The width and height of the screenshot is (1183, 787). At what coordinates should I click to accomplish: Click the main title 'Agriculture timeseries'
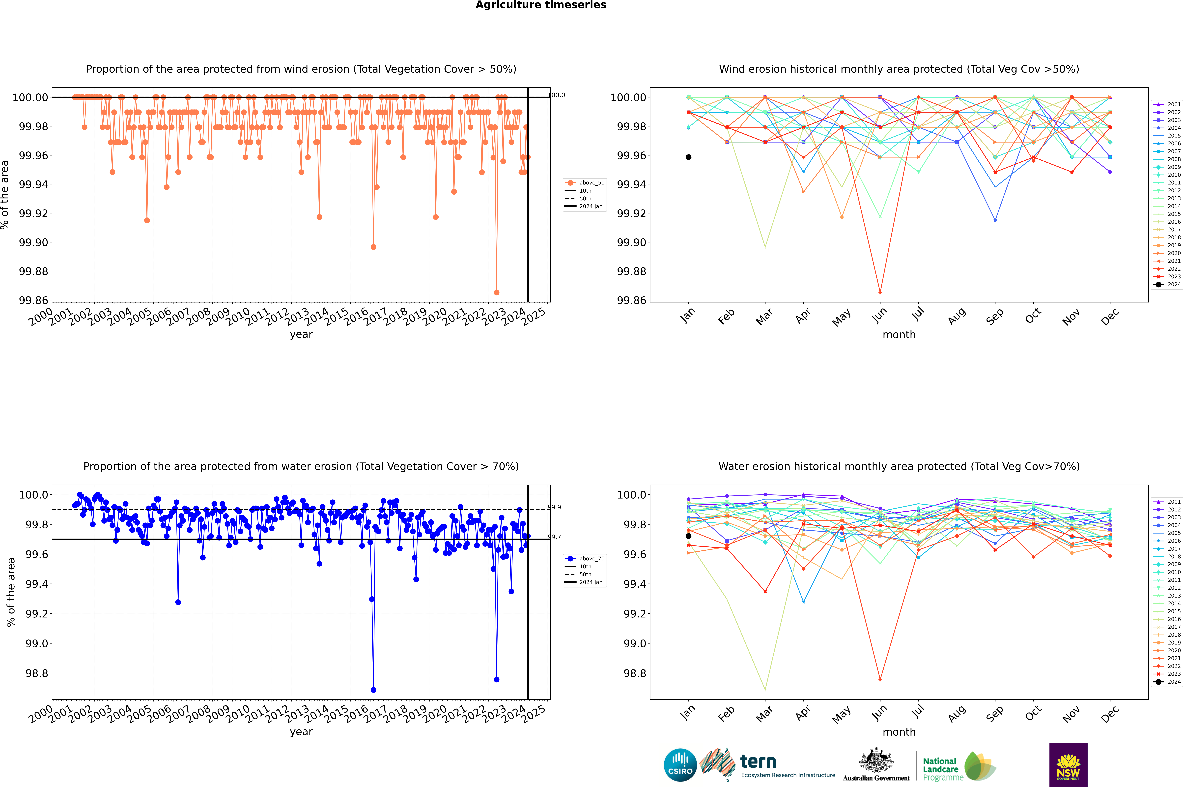[x=541, y=5]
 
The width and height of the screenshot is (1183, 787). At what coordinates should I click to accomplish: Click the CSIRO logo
[x=680, y=765]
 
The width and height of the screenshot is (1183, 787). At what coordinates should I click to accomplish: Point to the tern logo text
[x=758, y=762]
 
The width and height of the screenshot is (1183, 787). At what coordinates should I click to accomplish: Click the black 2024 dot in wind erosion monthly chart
[x=689, y=157]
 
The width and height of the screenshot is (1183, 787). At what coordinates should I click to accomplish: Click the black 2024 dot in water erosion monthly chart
[x=689, y=536]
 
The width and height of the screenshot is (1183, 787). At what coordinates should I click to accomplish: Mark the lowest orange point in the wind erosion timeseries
[x=496, y=292]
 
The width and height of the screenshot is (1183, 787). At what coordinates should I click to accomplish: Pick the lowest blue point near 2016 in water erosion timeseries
[x=373, y=690]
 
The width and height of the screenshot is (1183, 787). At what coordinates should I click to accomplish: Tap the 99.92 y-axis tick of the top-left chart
[x=34, y=213]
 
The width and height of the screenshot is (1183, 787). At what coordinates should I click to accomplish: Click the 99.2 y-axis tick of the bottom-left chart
[x=37, y=614]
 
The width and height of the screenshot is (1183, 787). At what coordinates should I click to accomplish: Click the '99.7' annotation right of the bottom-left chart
[x=554, y=537]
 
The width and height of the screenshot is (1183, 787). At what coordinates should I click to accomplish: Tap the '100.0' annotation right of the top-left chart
[x=556, y=95]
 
